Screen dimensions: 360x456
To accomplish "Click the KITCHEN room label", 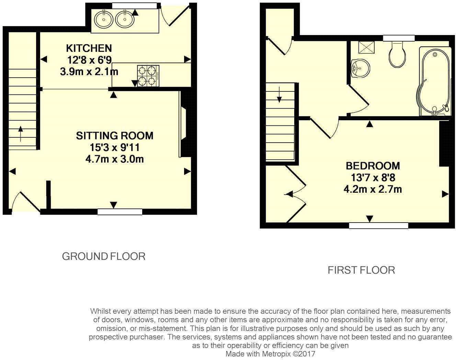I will coord(89,48).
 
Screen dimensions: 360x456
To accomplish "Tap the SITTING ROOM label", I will coord(114,135).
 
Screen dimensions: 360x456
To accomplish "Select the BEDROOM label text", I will coord(373,166).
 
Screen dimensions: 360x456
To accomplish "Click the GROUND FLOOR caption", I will coord(103,256).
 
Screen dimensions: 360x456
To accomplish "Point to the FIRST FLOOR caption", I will coord(361,270).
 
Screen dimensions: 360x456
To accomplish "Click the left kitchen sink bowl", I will coord(103,20).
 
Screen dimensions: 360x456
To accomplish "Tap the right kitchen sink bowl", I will coord(124,20).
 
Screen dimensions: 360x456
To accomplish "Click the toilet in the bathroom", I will coord(398,55).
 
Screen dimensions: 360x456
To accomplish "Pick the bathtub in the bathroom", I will coord(434,81).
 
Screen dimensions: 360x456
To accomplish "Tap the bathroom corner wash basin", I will coord(360,67).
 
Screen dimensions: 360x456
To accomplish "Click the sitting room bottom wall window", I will coord(119,212).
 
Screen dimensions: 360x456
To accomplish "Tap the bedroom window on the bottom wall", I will coord(378,226).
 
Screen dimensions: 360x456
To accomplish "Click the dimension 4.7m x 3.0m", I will coord(114,159).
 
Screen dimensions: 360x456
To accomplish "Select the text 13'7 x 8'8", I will coord(373,178).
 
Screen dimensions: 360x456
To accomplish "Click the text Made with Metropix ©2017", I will coord(270,354).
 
